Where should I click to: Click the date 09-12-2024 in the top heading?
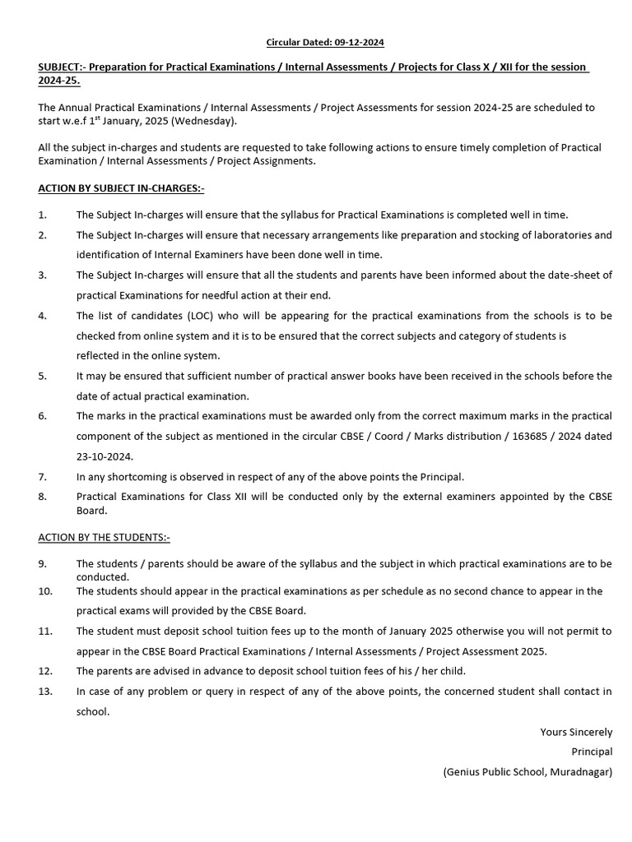[356, 42]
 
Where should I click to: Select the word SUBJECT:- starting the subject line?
[66, 67]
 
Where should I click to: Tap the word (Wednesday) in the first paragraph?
[209, 121]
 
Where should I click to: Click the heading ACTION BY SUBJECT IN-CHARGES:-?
[121, 188]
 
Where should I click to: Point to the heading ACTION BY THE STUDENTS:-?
[104, 537]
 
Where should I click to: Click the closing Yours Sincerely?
[576, 732]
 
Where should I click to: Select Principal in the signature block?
[592, 752]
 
